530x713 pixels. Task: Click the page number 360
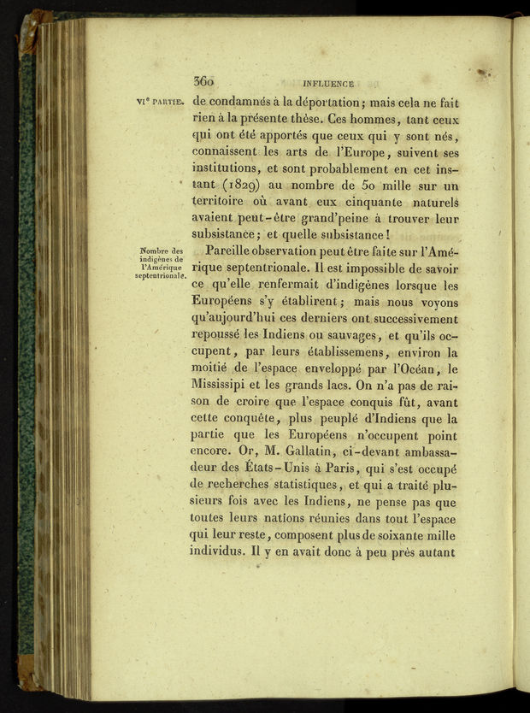click(x=203, y=82)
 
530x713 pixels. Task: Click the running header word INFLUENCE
click(x=328, y=84)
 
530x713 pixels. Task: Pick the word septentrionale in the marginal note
click(x=161, y=277)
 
